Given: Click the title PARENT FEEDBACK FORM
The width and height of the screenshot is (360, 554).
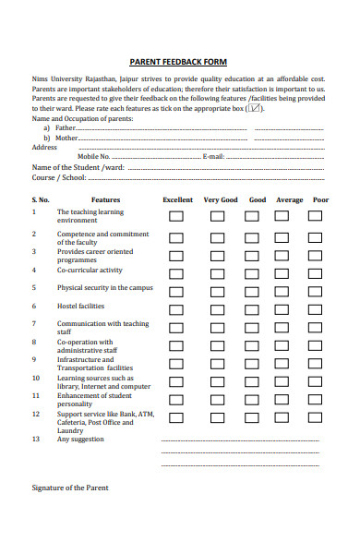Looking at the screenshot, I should (177, 61).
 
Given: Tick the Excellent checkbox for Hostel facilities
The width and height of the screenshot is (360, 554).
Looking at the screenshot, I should (176, 307).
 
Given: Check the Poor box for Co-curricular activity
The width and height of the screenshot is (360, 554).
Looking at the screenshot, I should (315, 271).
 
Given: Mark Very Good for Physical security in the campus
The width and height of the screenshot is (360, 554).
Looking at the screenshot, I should (217, 290).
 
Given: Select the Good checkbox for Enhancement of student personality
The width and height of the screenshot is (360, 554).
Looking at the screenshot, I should (251, 398).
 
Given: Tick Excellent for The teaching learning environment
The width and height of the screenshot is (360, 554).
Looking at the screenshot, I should (176, 216).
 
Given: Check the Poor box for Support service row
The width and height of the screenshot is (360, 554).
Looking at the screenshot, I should (315, 416).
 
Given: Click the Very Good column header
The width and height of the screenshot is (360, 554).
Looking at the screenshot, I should (221, 199).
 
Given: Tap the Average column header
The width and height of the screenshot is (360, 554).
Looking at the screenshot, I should (289, 199).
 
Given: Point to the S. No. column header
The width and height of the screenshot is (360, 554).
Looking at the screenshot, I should (41, 199).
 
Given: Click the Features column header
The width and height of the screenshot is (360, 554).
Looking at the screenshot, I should (105, 199).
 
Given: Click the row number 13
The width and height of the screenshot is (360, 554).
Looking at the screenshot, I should (36, 440).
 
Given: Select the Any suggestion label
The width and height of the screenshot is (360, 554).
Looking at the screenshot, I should (80, 440).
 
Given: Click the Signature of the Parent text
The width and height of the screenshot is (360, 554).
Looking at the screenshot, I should (70, 488).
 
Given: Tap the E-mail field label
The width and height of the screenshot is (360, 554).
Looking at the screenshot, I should (213, 157).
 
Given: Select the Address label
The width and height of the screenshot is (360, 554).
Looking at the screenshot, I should (44, 147).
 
